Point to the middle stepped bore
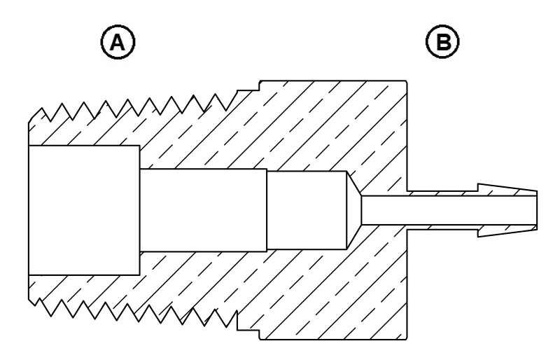click(x=203, y=210)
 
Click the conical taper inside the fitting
click(x=354, y=209)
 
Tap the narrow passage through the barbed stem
click(x=448, y=209)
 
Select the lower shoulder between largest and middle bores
click(x=139, y=263)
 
